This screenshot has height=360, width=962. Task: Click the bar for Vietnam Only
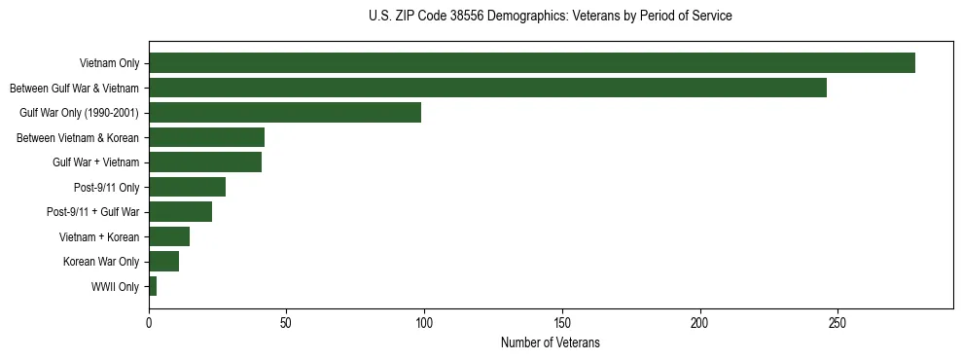(x=531, y=63)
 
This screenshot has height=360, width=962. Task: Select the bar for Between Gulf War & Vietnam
(x=487, y=88)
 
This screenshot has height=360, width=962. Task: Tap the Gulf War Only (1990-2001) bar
(x=285, y=113)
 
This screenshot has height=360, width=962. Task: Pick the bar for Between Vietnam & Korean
(x=206, y=137)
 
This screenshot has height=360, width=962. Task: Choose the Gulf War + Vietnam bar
(x=205, y=162)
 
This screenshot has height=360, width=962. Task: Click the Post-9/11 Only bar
(x=187, y=187)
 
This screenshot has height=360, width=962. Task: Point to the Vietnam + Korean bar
(x=169, y=236)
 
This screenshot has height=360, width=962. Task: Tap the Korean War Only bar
(x=163, y=262)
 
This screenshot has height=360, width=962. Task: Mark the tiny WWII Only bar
(x=153, y=286)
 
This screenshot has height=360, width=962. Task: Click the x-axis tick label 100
(x=424, y=321)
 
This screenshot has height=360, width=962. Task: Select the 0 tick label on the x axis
(x=149, y=321)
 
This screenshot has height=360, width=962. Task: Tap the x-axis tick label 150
(x=562, y=321)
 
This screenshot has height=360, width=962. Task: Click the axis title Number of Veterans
(x=550, y=343)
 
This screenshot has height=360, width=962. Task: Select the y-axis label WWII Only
(x=115, y=287)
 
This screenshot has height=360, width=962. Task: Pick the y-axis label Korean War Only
(x=101, y=262)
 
